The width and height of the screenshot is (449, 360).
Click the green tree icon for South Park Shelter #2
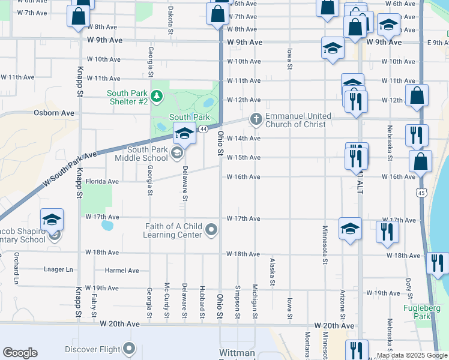(156, 95)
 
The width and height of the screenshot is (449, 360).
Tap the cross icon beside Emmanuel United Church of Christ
(256, 119)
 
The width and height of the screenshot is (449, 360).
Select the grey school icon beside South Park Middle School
(176, 154)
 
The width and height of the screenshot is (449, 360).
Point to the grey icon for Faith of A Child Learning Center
(211, 230)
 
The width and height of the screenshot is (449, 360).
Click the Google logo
(20, 353)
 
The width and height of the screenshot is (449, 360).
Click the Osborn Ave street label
(54, 113)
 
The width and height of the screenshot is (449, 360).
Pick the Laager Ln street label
(58, 269)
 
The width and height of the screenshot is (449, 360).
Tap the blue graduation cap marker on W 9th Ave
(332, 49)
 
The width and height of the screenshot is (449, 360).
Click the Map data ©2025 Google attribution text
(411, 355)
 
